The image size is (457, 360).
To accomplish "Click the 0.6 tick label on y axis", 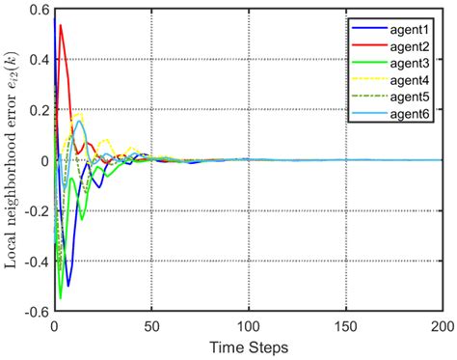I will [36, 10].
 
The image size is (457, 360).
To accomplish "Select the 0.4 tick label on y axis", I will [36, 60].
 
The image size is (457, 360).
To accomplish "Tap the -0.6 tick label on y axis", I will [33, 312].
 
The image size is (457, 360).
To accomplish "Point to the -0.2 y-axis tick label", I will [33, 211].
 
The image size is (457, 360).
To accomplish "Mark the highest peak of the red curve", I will [60, 25].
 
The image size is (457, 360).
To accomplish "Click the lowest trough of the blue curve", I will [67, 286].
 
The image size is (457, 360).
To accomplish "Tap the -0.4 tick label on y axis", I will [33, 262].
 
